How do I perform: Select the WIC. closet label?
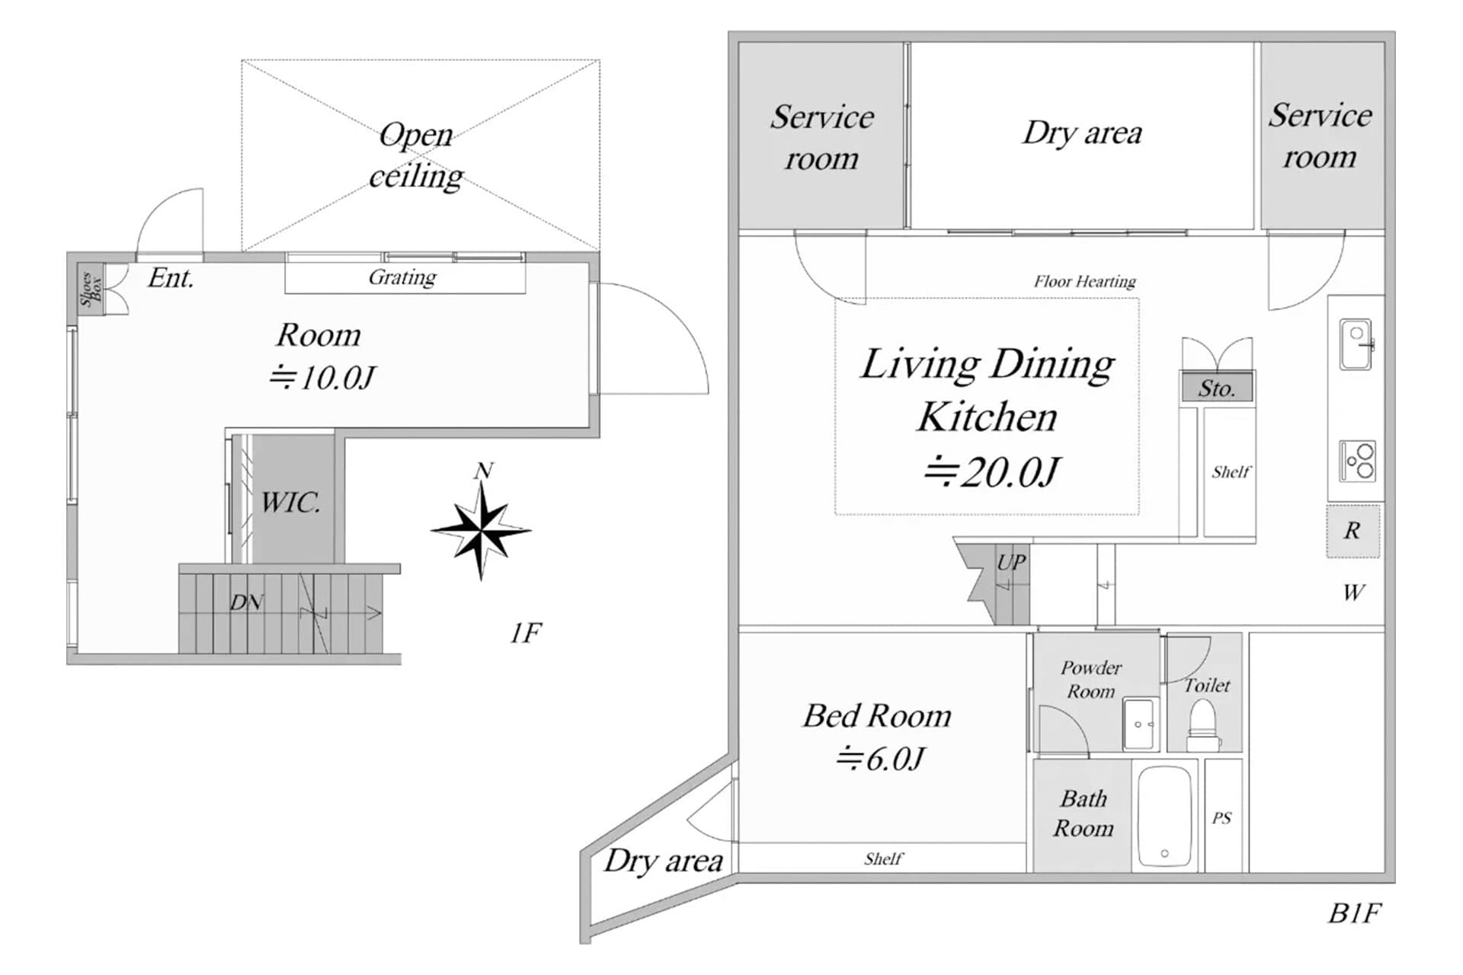pos(290,502)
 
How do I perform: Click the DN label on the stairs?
pos(247,603)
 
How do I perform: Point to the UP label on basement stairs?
pos(1011,562)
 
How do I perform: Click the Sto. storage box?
pos(1216,388)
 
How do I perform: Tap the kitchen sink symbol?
pos(1356,344)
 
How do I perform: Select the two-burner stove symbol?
pos(1357,461)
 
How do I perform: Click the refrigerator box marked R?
pos(1352,530)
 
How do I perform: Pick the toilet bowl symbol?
pos(1203,724)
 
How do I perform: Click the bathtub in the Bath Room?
pos(1164,817)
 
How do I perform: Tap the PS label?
pos(1221,818)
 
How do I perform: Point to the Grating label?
pos(402,277)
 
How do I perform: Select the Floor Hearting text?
pos(1084,281)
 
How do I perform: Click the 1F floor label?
pos(525,632)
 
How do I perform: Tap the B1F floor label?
pos(1354,913)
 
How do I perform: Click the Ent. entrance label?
pos(171,278)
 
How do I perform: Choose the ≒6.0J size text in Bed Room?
pos(880,759)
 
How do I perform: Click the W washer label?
pos(1353,593)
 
